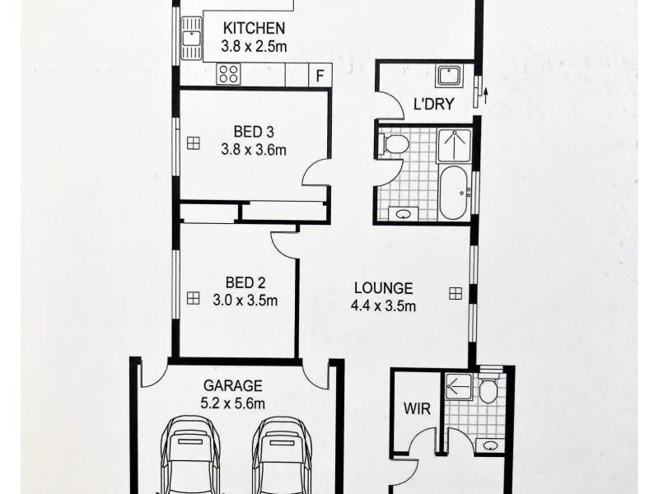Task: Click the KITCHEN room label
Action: point(254,28)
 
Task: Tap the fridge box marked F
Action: point(320,75)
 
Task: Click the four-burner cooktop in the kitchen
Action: point(228,74)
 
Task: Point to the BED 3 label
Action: point(253,132)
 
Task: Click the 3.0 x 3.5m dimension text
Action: point(240,301)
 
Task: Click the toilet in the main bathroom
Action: point(395,145)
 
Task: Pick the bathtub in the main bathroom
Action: point(452,193)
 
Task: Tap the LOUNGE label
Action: point(383,288)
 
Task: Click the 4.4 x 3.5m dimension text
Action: point(384,307)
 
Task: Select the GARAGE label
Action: point(233,385)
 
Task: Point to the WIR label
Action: point(413,408)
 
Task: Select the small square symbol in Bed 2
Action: point(193,297)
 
